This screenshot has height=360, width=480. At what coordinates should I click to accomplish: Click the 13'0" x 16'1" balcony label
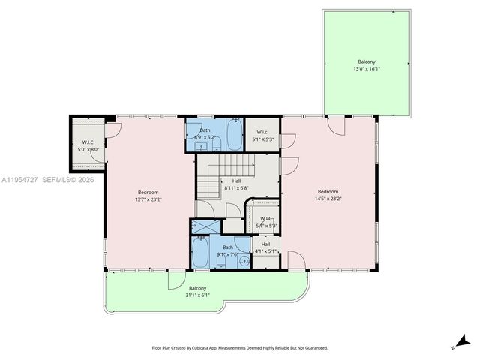(x=366, y=65)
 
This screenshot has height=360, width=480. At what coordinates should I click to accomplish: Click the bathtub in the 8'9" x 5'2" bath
(x=234, y=136)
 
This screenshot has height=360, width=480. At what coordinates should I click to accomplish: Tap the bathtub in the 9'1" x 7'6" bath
(x=200, y=252)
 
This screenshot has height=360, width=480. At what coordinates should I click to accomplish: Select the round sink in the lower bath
(x=244, y=260)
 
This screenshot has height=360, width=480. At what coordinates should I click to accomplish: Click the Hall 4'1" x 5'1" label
(x=265, y=247)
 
